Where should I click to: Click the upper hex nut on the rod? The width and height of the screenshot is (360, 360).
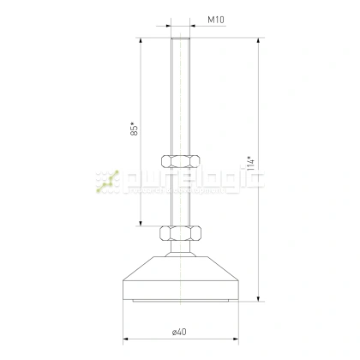point(179,159)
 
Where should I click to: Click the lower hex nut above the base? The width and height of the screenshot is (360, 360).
point(179,231)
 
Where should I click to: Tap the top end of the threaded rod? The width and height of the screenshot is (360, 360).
point(179,39)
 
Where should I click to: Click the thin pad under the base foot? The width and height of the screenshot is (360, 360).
point(179,303)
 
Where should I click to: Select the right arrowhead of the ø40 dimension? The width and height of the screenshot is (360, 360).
point(234,339)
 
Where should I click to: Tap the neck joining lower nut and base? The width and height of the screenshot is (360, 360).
point(179,248)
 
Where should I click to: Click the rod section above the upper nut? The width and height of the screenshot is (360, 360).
point(179,94)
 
